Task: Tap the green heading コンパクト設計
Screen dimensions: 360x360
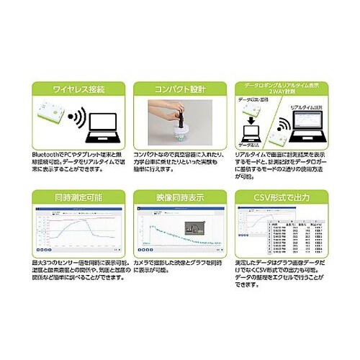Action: click(180, 89)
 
